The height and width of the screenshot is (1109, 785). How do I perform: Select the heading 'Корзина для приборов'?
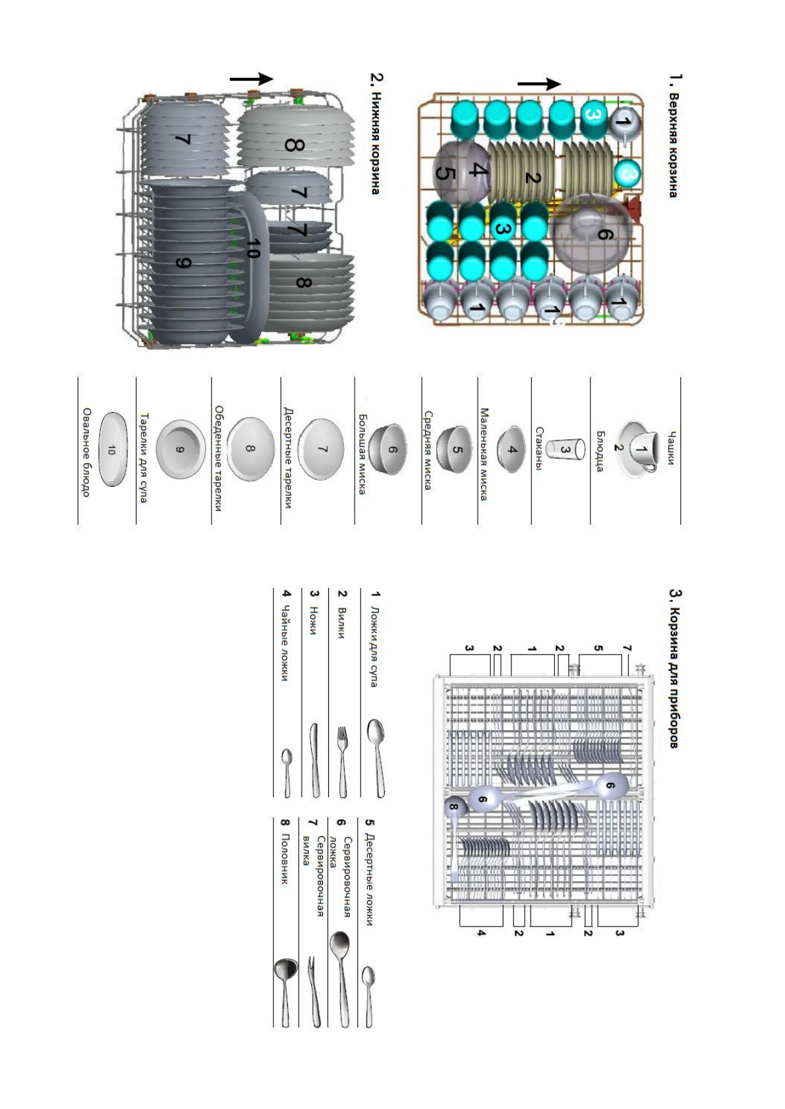click(x=674, y=668)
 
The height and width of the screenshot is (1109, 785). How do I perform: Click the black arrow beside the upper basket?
click(x=539, y=84)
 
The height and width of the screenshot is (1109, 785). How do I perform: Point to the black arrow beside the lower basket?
click(x=251, y=79)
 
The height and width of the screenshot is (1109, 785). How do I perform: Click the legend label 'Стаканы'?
click(x=540, y=449)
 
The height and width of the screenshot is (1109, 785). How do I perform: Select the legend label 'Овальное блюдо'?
click(x=86, y=452)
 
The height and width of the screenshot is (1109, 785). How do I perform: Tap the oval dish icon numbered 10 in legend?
click(x=111, y=450)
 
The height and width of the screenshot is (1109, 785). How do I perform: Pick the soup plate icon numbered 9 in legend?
click(x=180, y=450)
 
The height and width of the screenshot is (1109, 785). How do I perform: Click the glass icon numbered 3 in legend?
click(x=566, y=449)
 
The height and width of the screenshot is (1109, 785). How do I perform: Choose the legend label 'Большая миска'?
click(x=362, y=454)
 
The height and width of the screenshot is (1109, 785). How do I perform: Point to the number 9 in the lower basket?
click(x=184, y=263)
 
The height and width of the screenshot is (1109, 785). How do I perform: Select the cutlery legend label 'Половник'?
click(x=285, y=859)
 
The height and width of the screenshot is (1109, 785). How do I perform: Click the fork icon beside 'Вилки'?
click(x=342, y=761)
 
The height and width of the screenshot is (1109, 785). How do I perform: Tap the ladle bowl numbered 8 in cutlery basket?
click(x=454, y=807)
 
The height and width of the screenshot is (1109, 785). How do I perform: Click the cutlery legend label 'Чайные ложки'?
click(x=285, y=648)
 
